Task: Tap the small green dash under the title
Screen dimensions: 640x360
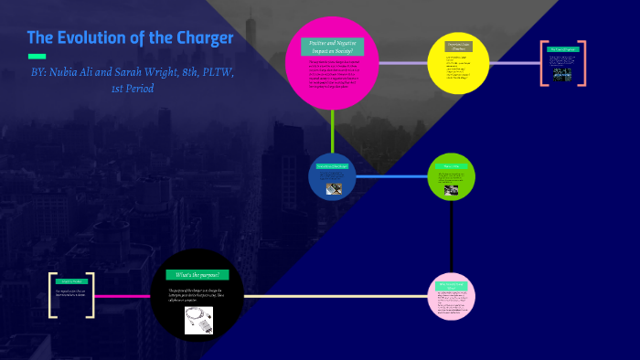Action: [37, 57]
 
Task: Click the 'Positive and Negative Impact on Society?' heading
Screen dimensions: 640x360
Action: [332, 48]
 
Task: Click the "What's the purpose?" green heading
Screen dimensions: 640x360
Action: [197, 274]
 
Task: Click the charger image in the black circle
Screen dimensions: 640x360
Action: [198, 318]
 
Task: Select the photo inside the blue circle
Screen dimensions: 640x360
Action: [336, 188]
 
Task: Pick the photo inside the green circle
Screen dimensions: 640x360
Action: [451, 191]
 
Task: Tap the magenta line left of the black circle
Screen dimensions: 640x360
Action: [123, 296]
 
